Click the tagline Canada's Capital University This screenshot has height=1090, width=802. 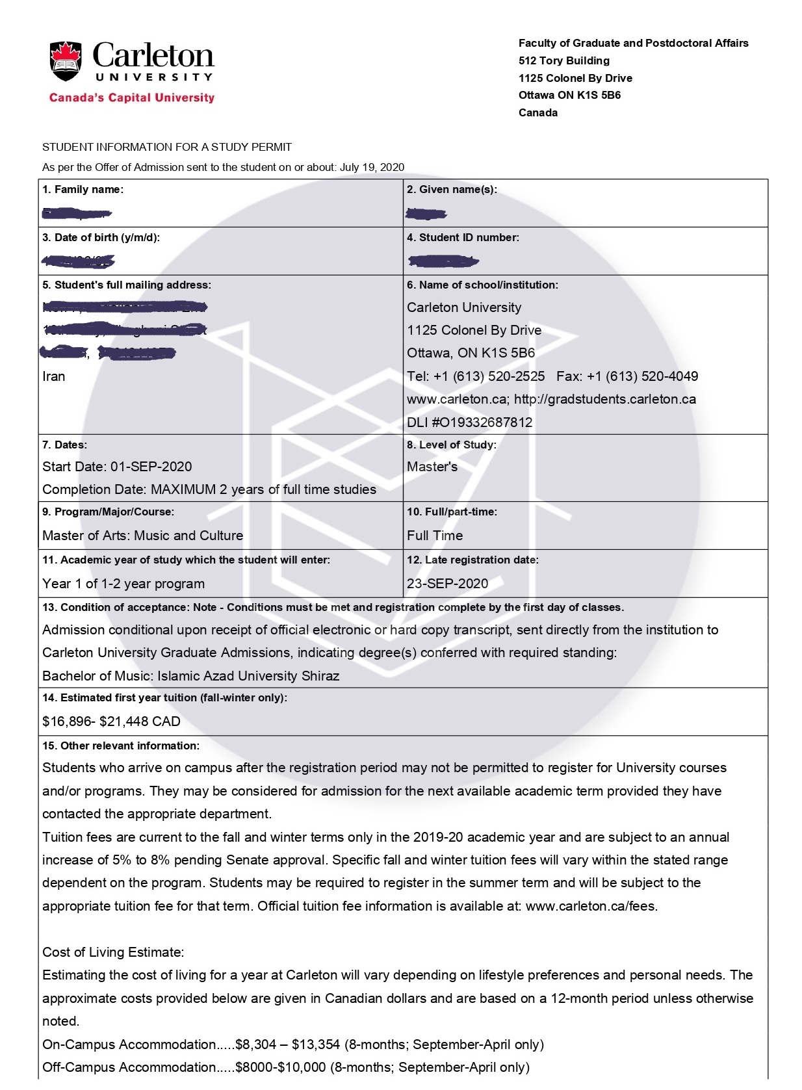pyautogui.click(x=131, y=98)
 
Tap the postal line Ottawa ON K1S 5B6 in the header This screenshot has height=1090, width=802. pyautogui.click(x=569, y=95)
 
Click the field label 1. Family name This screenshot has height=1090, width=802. pyautogui.click(x=83, y=190)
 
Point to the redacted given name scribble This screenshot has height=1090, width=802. pyautogui.click(x=426, y=213)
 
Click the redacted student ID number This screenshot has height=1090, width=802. pyautogui.click(x=443, y=261)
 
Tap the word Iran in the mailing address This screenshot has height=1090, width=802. pyautogui.click(x=54, y=376)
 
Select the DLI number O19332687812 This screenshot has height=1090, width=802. pyautogui.click(x=482, y=422)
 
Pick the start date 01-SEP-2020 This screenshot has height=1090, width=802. pyautogui.click(x=151, y=467)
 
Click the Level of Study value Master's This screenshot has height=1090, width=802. pyautogui.click(x=432, y=467)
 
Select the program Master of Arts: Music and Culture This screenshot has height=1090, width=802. pyautogui.click(x=143, y=536)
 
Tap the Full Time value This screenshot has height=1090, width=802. pyautogui.click(x=435, y=536)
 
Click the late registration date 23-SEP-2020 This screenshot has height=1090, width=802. pyautogui.click(x=447, y=584)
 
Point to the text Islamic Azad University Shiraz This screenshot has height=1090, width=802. pyautogui.click(x=248, y=676)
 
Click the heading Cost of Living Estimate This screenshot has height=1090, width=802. pyautogui.click(x=113, y=952)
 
